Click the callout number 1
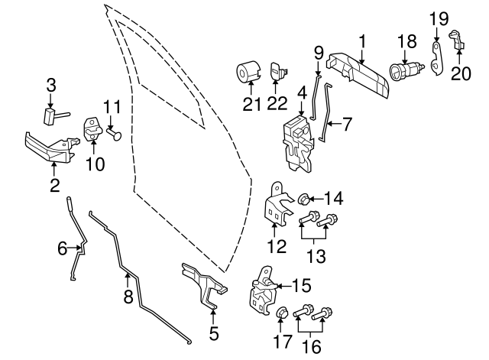(362, 39)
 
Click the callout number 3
(50, 86)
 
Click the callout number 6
(63, 248)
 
